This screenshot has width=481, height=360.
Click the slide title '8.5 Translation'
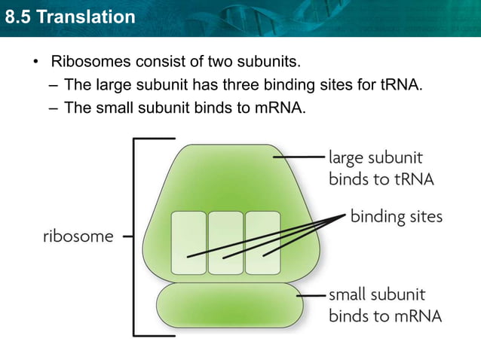(x=69, y=15)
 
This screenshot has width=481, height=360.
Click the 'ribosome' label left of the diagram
(x=77, y=236)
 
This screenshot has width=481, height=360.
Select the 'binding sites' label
(x=396, y=217)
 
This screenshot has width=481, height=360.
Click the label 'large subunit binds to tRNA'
(x=375, y=169)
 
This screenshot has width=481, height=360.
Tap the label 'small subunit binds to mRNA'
(x=384, y=304)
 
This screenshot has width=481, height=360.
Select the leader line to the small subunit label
(x=312, y=295)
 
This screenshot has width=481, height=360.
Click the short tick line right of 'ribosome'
(x=127, y=236)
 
